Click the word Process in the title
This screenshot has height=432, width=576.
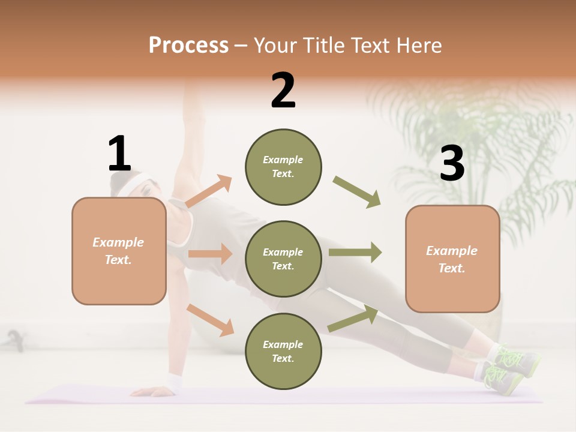click(188, 46)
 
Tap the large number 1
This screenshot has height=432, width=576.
click(119, 154)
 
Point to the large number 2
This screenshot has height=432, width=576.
click(283, 91)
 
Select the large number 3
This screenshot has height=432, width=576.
click(452, 164)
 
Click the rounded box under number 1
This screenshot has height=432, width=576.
click(119, 251)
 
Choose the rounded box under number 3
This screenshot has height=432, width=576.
click(452, 259)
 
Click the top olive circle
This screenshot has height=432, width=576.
click(283, 167)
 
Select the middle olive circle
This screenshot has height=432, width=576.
click(283, 259)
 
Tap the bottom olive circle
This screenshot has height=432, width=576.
click(283, 351)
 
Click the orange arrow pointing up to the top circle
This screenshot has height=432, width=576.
click(209, 191)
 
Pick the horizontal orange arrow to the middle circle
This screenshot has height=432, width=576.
click(210, 254)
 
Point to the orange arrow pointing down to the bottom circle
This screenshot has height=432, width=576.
click(210, 319)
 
